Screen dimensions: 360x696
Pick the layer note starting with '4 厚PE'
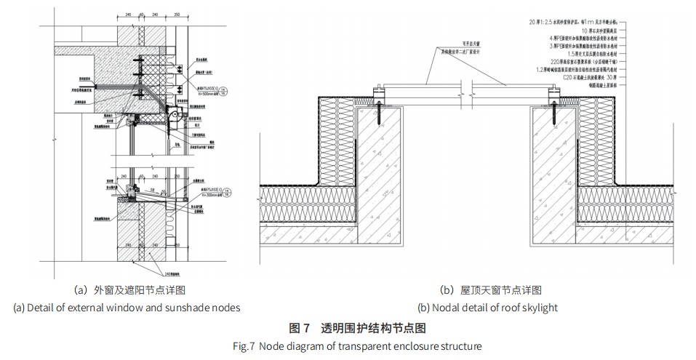593,39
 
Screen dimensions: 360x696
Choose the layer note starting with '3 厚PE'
593,46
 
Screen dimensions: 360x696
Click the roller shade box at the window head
175,114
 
